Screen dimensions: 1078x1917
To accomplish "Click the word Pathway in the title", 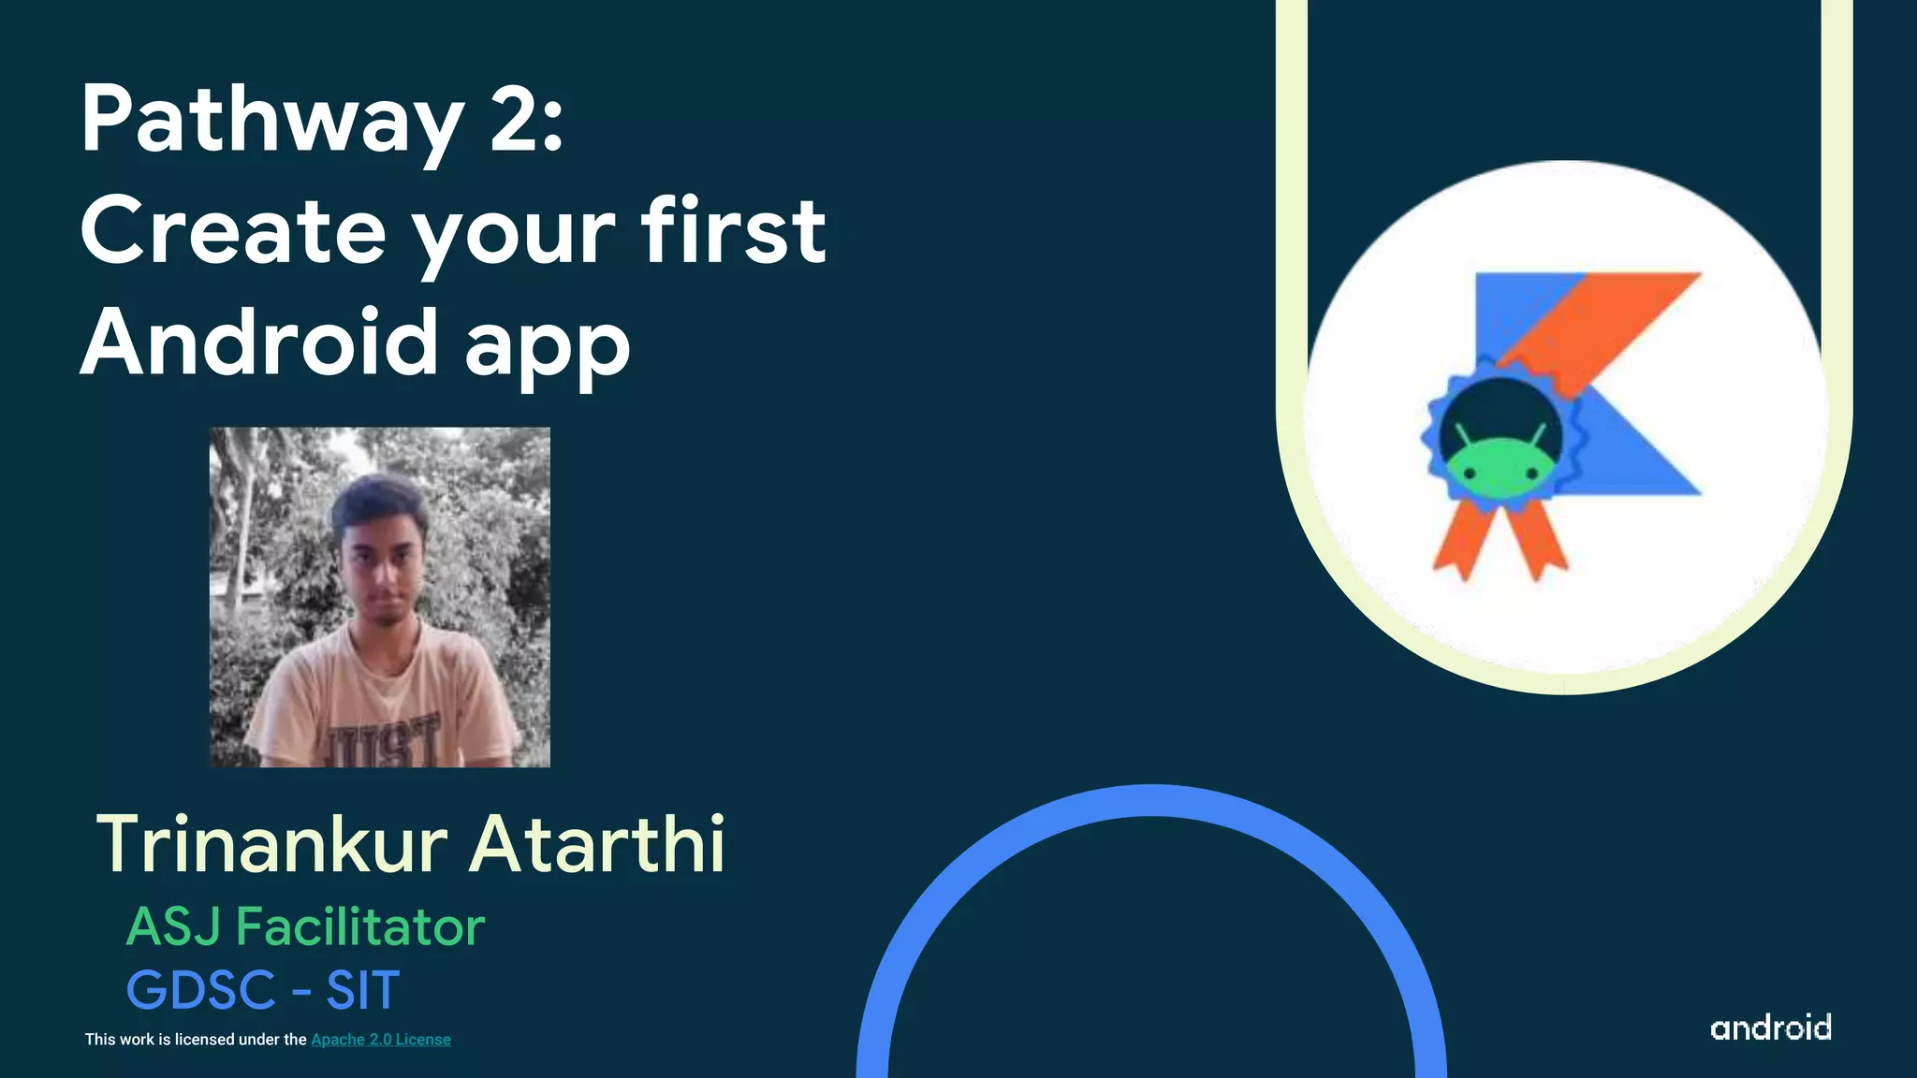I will click(x=271, y=122).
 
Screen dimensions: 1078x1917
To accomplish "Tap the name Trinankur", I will click(x=272, y=844).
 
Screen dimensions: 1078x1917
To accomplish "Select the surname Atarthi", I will click(x=597, y=844).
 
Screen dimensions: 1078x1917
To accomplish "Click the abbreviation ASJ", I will click(x=174, y=926).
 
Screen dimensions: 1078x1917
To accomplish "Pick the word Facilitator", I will click(x=360, y=926).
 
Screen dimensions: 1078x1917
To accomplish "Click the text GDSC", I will click(x=201, y=990).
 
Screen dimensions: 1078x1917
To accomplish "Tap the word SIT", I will click(x=363, y=990).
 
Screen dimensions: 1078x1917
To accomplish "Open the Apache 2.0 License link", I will click(x=380, y=1040).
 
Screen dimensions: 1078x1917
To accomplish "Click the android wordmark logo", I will click(x=1770, y=1027).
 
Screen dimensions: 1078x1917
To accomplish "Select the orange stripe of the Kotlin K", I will click(x=1610, y=318).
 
